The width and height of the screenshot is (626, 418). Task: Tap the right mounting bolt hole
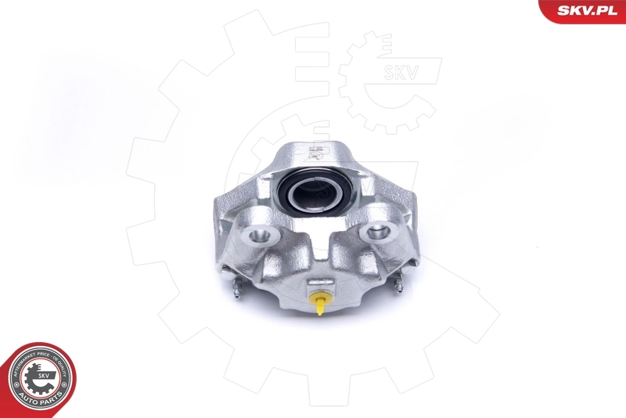[378, 232]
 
